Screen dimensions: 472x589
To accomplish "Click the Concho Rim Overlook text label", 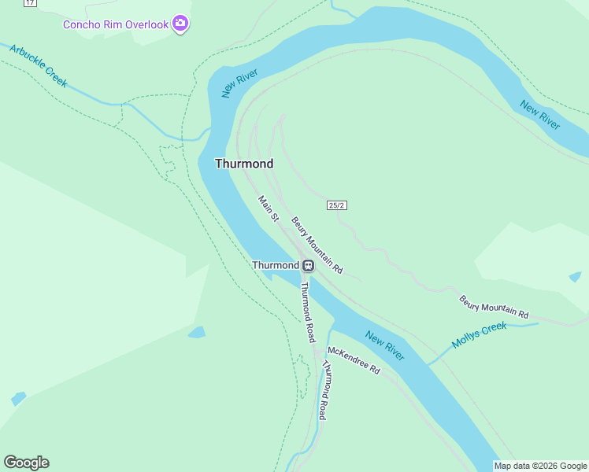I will coord(116,24).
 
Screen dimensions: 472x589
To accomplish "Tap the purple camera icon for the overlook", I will coord(181,24).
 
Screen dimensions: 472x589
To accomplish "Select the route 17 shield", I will coord(30,3).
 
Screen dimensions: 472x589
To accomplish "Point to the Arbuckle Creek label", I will coord(39,65).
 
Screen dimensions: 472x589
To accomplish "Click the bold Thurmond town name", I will coord(244,164).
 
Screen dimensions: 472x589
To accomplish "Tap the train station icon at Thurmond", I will coord(308,265).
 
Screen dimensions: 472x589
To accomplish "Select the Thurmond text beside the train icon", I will coord(275,265).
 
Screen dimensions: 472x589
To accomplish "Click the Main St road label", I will coord(269,208).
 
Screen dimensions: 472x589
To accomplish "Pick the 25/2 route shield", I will coord(337,205).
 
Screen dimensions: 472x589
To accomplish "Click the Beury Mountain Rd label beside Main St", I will coord(317,245).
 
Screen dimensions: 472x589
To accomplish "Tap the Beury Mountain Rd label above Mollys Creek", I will coord(495,307).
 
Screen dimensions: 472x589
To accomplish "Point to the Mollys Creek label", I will coord(480,335).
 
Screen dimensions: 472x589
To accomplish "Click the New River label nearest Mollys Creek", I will coord(385,346).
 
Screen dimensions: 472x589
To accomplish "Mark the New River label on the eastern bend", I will coord(540,115).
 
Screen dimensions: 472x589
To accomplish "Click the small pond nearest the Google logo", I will coord(18,399).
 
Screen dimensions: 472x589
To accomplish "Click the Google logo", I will coord(26,463).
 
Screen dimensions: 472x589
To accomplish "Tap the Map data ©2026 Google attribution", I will coord(541,466).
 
